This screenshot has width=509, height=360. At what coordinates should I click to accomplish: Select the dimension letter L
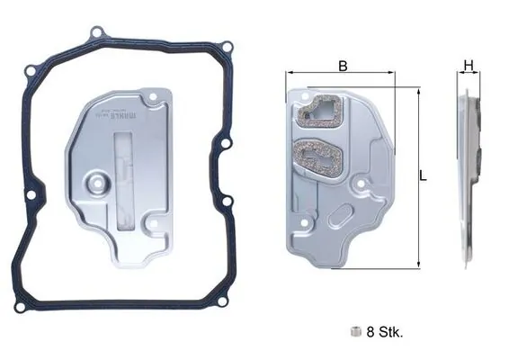pyautogui.click(x=423, y=176)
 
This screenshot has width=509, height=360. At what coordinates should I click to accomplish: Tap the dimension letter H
pyautogui.click(x=468, y=65)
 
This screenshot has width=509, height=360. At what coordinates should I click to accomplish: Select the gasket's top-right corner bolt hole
pyautogui.click(x=227, y=47)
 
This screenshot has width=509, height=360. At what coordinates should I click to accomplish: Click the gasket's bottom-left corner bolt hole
pyautogui.click(x=19, y=307)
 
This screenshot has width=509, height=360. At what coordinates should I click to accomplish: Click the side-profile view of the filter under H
pyautogui.click(x=469, y=175)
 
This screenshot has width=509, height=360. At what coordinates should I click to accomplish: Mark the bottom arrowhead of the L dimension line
pyautogui.click(x=417, y=265)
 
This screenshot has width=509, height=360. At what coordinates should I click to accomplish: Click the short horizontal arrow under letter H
pyautogui.click(x=468, y=76)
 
